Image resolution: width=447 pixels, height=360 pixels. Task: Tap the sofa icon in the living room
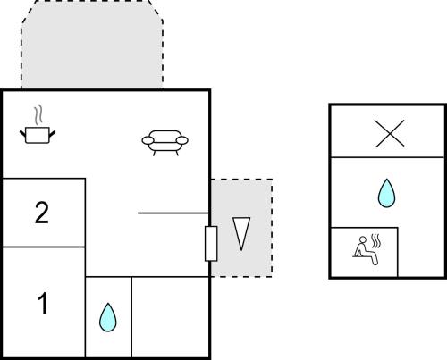[x=164, y=143]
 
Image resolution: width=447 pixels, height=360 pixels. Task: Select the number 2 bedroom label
[x=42, y=213]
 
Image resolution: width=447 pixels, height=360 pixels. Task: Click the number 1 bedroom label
[x=43, y=303]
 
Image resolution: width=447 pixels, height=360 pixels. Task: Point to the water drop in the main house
[x=108, y=317]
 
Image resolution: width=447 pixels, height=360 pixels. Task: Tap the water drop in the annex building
[x=386, y=193]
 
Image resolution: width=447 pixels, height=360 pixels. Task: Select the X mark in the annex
[x=390, y=133]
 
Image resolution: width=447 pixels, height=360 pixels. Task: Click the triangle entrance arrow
[x=241, y=233]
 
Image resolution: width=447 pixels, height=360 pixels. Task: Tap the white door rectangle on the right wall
[x=211, y=244]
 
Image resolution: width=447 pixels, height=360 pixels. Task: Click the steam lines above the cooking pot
[x=38, y=115]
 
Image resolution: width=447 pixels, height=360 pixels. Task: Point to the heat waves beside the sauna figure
[x=376, y=241]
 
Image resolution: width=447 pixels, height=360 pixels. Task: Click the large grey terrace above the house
[x=92, y=45]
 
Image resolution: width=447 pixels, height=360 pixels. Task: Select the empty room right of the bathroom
[x=170, y=317]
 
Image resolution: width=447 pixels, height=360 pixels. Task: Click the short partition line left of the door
[x=173, y=213]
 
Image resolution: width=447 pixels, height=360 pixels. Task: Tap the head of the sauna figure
[x=363, y=239]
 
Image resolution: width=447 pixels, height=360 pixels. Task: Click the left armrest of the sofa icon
[x=148, y=140]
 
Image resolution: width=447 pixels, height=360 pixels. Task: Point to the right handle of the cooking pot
[x=52, y=134]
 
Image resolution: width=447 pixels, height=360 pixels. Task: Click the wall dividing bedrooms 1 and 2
[x=44, y=247]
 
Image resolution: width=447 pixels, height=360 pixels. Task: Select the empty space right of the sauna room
[x=421, y=252]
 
